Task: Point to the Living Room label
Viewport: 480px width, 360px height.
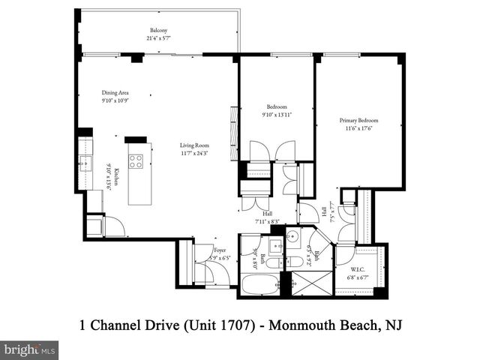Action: coord(193,145)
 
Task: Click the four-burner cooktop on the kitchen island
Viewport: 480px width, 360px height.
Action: coord(136,161)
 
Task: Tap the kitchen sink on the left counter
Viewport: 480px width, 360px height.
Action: coord(84,161)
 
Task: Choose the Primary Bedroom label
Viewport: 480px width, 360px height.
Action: coord(358,120)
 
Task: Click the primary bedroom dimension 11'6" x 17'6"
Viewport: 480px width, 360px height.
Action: coord(358,127)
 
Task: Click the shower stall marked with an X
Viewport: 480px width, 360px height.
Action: coord(310,283)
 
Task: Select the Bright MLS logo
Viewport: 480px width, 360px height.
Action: coord(30,349)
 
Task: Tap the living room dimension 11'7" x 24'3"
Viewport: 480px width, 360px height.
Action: coord(193,153)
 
